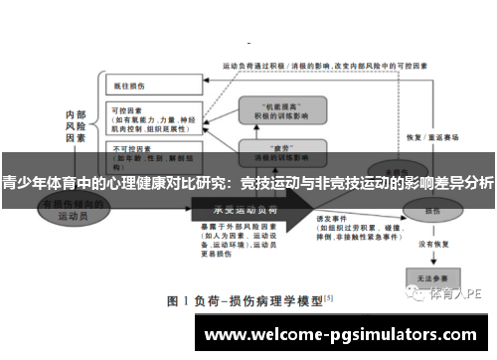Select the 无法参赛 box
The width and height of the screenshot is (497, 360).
(x=430, y=275)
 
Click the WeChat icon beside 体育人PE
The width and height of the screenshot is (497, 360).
(x=416, y=294)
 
